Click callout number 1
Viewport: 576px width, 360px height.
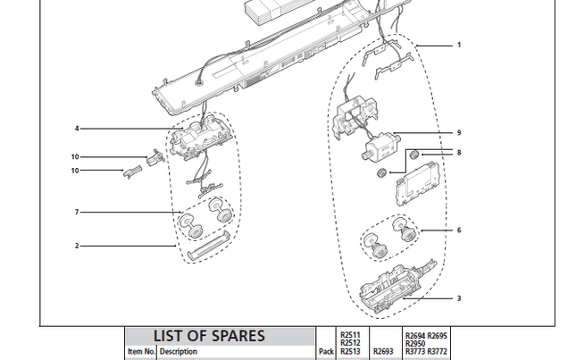pos(459,45)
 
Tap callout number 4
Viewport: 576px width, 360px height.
pos(77,129)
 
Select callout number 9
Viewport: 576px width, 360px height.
pos(459,133)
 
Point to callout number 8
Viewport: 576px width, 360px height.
pos(459,154)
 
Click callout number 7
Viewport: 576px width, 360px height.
pos(77,212)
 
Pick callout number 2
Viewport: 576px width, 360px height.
pos(77,245)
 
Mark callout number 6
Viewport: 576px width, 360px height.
pos(459,230)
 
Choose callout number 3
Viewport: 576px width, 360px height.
pos(459,298)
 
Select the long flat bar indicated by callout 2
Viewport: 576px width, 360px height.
pos(207,244)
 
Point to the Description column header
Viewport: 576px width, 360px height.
pos(178,352)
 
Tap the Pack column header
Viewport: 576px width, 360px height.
pos(327,352)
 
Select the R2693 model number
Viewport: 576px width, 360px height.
pos(382,352)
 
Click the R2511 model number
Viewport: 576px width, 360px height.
pos(350,334)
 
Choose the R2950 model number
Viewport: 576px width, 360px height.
pos(414,343)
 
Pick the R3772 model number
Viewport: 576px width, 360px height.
pos(438,352)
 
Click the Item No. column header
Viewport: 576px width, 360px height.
pos(140,352)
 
